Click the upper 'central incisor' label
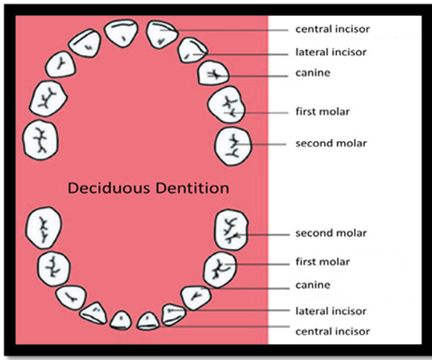pos(333,29)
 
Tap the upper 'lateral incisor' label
pos(331,52)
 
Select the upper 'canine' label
pos(313,73)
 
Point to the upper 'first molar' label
pos(323,112)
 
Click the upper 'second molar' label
pos(331,144)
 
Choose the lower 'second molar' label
pos(331,233)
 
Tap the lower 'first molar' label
pos(323,262)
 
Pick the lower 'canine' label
pos(313,285)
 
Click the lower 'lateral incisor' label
pos(331,311)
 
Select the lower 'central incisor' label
pos(333,332)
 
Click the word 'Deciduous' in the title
pos(109,188)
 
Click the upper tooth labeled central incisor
pos(162,35)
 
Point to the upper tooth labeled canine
pos(213,74)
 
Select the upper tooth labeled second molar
pos(233,146)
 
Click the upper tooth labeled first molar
pos(226,105)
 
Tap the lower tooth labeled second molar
pos(231,230)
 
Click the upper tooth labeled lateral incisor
pos(192,51)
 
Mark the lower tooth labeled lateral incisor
pos(174,315)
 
